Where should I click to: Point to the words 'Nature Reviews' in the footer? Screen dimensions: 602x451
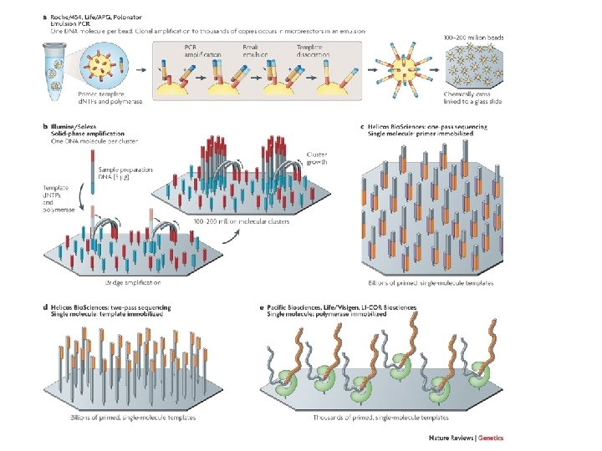pyautogui.click(x=449, y=437)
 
